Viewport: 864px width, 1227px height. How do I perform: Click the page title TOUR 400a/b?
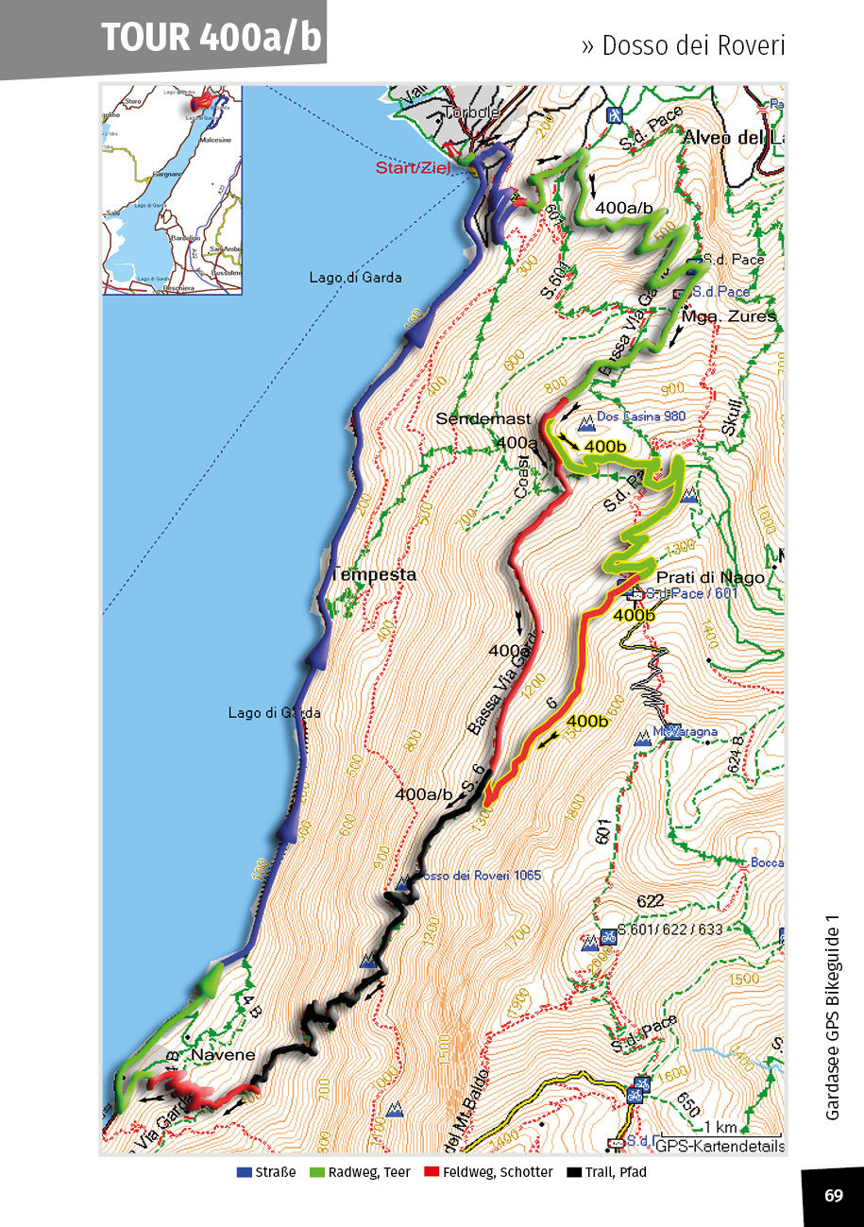tap(211, 37)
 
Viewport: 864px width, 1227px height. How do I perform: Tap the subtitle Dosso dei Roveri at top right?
tap(683, 45)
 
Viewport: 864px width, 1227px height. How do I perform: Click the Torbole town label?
tap(471, 112)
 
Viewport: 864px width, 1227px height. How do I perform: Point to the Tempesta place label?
tap(373, 574)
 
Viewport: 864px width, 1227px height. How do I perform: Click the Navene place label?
tap(224, 1054)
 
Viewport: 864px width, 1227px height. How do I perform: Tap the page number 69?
tap(833, 1196)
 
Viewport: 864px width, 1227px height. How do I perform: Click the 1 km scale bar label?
tap(720, 1127)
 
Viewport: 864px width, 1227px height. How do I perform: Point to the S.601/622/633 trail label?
tap(669, 929)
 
